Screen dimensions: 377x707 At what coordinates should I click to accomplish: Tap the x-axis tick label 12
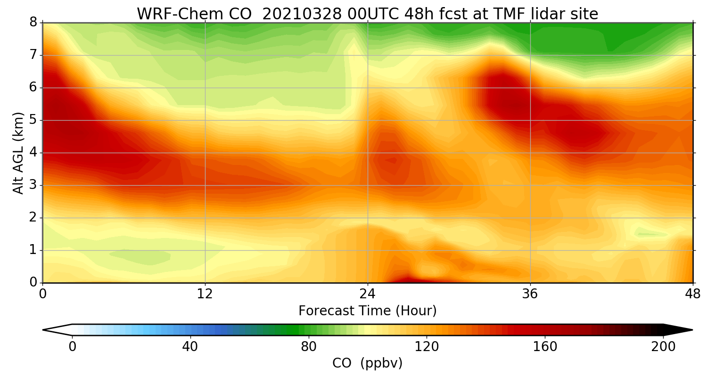point(205,293)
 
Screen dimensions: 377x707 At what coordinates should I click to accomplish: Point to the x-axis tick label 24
point(368,293)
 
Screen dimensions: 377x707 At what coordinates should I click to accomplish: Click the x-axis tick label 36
point(530,293)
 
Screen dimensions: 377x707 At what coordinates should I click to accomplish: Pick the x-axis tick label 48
point(693,293)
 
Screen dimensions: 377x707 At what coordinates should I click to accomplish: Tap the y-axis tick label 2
point(33,218)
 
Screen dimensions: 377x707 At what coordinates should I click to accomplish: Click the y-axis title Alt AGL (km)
point(18,153)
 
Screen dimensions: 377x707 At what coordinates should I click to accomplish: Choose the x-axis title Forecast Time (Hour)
point(368,311)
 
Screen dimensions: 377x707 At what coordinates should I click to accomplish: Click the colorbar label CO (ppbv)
point(368,363)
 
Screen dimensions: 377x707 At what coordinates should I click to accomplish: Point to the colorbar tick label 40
point(190,347)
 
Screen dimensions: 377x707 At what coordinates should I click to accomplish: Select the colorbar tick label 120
point(427,347)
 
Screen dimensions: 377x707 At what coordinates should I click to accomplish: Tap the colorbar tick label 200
point(663,347)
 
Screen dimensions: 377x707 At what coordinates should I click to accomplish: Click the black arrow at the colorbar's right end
point(679,330)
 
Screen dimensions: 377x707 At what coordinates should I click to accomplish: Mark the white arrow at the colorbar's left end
point(57,330)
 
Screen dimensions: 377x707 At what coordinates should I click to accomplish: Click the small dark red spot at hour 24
point(391,160)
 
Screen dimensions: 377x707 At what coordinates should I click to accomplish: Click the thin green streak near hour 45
point(653,234)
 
